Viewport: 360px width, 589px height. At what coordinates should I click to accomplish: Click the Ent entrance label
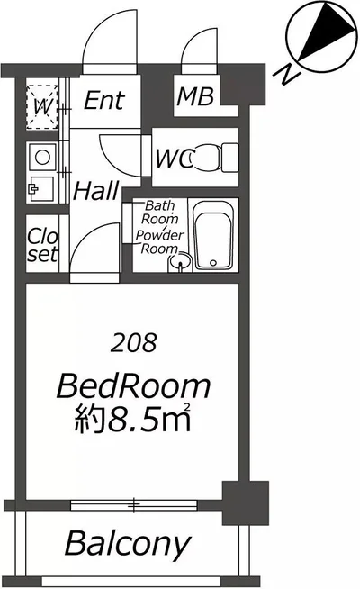click(104, 100)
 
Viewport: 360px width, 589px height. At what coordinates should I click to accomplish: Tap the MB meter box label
click(195, 96)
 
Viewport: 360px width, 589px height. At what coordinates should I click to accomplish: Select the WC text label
click(175, 159)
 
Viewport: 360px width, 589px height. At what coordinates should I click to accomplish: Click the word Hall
click(96, 190)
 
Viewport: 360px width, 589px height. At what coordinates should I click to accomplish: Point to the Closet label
click(43, 245)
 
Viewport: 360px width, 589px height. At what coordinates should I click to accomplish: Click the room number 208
click(133, 342)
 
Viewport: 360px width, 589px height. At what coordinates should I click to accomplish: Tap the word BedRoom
click(133, 385)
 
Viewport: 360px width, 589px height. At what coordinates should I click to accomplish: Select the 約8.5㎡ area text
click(133, 418)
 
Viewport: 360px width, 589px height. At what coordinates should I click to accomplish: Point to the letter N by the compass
click(287, 74)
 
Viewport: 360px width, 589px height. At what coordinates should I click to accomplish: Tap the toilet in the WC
click(214, 158)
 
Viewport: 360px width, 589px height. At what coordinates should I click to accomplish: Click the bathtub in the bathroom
click(212, 236)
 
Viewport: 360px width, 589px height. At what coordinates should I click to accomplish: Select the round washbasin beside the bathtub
click(181, 261)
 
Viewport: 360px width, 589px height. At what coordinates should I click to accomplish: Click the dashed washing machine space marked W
click(42, 107)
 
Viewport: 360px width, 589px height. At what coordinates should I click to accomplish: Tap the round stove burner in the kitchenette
click(42, 157)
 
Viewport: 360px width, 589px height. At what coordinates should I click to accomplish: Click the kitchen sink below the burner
click(40, 188)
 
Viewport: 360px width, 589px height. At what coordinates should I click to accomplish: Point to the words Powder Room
click(159, 241)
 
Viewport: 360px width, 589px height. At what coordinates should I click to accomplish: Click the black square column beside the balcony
click(246, 503)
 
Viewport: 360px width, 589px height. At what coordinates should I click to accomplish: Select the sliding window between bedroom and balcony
click(134, 505)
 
